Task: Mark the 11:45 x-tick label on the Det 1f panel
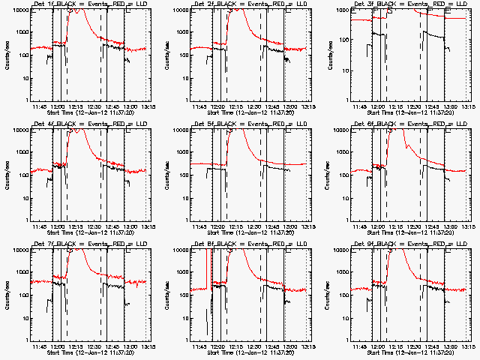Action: click(x=43, y=106)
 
